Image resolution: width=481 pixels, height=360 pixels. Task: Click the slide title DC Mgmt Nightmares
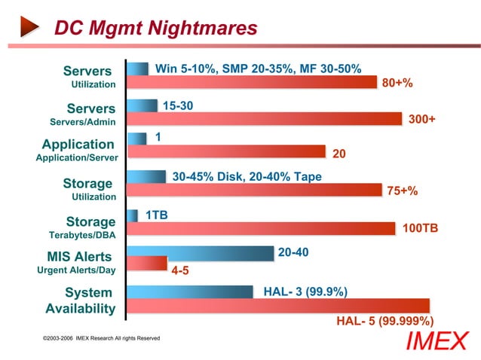point(156,28)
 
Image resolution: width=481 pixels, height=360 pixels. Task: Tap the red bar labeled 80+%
point(252,82)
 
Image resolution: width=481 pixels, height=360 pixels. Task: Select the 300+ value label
point(421,119)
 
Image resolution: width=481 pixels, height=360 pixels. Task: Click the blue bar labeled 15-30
point(142,105)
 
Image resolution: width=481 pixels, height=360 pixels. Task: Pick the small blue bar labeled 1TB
point(133,215)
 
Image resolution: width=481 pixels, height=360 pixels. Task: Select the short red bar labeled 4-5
point(147,262)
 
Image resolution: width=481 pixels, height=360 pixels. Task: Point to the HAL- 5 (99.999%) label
point(384,320)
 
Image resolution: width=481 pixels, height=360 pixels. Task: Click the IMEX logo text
point(437,341)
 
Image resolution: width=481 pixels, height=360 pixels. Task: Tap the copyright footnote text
point(102,338)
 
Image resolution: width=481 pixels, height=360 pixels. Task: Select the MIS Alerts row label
point(79,257)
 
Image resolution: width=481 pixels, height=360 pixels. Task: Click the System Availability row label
point(79,301)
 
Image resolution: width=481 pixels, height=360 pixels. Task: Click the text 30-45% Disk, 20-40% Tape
point(247,177)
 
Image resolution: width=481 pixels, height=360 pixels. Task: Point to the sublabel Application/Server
point(77,158)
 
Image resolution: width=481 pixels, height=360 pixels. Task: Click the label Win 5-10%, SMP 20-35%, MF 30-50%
point(259,69)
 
